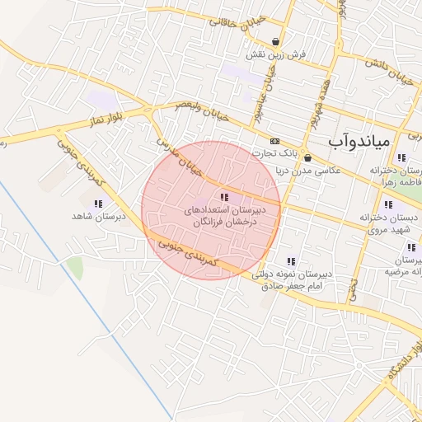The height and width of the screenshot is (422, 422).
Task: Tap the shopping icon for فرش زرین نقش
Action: point(275,42)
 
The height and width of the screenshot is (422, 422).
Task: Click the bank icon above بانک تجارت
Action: point(274,141)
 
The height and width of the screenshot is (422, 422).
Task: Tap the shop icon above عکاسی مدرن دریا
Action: point(307,157)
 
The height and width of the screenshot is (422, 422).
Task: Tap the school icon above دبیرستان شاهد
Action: point(98,203)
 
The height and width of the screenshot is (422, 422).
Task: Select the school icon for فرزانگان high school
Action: point(223,197)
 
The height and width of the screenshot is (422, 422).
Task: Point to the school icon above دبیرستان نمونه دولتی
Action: point(290,261)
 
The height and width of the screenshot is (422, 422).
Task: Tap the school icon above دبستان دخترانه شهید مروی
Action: point(387,204)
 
